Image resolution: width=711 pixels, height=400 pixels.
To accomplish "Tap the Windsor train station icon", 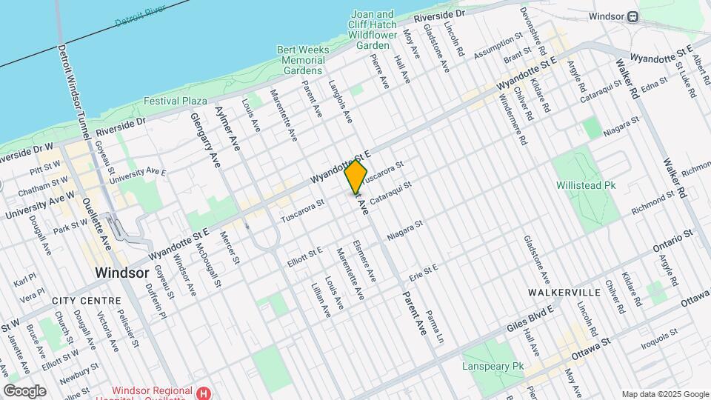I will [634, 16].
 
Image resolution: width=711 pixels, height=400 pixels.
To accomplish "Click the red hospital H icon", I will [201, 391].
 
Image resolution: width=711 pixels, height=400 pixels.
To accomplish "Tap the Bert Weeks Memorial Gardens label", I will [302, 60].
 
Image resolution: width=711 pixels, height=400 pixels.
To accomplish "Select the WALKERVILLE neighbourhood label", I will [557, 293].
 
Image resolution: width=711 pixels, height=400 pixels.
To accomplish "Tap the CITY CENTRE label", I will [87, 301].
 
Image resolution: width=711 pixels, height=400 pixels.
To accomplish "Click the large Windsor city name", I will [122, 273].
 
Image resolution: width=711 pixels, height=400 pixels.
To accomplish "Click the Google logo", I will [24, 390].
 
